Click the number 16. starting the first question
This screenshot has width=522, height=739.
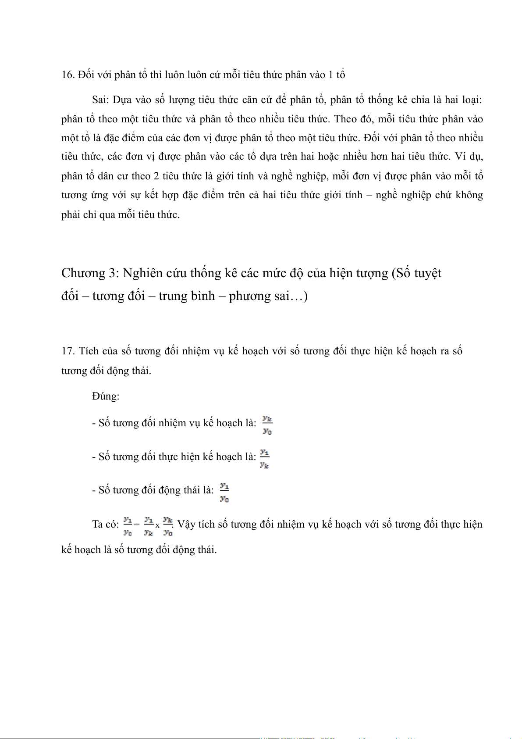click(68, 75)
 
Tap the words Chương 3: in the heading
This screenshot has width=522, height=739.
click(90, 273)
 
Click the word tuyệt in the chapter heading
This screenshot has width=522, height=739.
click(427, 273)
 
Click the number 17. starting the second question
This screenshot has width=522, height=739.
click(68, 351)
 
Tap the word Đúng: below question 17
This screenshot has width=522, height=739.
click(106, 396)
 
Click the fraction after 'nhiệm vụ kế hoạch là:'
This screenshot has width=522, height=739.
click(267, 425)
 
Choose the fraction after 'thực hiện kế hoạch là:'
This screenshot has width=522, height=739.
click(264, 458)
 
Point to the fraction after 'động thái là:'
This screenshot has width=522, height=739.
click(224, 492)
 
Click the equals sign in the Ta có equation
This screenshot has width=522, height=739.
click(137, 524)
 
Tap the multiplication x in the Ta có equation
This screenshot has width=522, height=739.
click(157, 525)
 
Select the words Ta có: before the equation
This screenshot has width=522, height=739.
click(105, 525)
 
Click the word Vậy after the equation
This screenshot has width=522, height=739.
click(186, 525)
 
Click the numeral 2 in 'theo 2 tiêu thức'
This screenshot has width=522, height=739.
click(156, 176)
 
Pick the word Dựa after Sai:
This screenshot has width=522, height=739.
click(122, 100)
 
